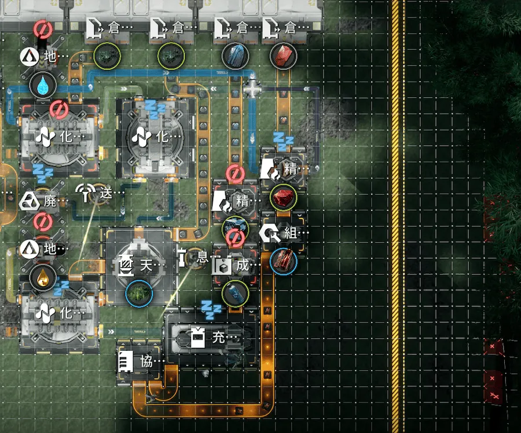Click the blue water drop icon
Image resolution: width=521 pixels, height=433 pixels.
(42, 85)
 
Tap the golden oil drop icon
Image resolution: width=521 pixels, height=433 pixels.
(42, 278)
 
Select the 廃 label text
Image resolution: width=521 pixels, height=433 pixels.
(50, 201)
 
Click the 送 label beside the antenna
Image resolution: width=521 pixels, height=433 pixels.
(106, 193)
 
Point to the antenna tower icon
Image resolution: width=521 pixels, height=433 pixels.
(86, 192)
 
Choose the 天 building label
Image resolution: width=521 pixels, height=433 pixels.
(146, 265)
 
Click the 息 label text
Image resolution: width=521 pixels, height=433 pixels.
(203, 257)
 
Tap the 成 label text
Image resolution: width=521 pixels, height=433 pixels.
(243, 265)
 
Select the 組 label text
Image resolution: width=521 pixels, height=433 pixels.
(291, 232)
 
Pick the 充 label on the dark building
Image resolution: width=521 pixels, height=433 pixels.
(218, 337)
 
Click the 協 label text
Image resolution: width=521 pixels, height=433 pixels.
(146, 361)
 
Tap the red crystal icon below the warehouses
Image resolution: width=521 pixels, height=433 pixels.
(283, 56)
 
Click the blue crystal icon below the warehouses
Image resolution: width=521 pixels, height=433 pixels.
(235, 56)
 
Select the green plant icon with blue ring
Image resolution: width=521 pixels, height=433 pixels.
(139, 293)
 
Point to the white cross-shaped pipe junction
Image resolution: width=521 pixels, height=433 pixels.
(252, 89)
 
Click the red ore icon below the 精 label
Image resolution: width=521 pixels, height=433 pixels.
(283, 197)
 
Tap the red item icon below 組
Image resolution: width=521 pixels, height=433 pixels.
(283, 261)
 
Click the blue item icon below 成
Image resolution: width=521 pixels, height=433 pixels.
(235, 293)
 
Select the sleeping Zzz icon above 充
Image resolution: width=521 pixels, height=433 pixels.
(211, 310)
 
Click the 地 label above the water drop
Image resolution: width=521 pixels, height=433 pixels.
(50, 56)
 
